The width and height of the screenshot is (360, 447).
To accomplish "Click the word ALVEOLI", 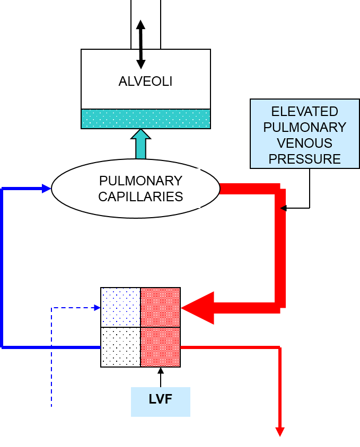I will pos(145,82).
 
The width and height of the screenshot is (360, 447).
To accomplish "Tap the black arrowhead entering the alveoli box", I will pos(141,64).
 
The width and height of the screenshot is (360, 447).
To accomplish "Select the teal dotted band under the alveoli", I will pos(146,119).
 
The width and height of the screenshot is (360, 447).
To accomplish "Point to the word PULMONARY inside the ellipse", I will pos(141,181).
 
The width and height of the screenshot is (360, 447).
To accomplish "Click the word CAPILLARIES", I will pos(141,196).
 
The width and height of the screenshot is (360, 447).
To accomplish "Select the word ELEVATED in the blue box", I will pos(304,112).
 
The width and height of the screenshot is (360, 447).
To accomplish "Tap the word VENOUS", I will pos(304,143).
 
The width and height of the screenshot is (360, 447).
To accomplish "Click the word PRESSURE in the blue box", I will pos(304,159).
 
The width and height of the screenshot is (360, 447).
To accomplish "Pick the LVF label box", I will pos(161,401).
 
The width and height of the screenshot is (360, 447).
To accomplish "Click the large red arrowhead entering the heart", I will pos(197,308).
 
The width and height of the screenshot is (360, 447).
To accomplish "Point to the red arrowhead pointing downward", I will pos(280,432).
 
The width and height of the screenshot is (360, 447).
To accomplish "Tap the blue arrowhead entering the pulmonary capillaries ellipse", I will pos(47,189).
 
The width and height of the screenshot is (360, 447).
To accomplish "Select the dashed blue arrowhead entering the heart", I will pos(98,308).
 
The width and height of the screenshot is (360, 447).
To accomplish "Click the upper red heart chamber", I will pos(160,307).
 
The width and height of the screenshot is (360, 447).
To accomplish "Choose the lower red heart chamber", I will pos(160,347).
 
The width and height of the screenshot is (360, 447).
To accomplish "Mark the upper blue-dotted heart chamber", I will pos(121,307).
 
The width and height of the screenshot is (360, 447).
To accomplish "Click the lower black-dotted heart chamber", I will pos(121,347).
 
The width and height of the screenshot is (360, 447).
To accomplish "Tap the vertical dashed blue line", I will pos(51,360).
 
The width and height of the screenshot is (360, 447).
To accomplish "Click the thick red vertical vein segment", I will pos(281,254).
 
